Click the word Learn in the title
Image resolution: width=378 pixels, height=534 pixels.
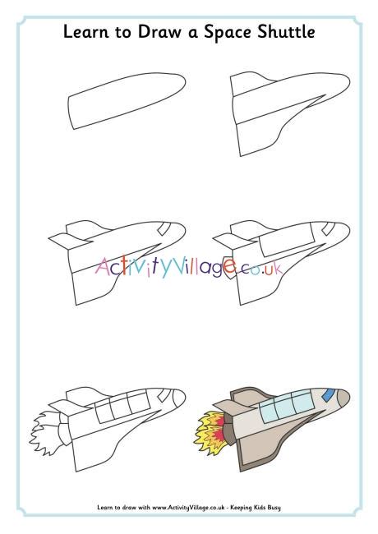pyautogui.click(x=85, y=33)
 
